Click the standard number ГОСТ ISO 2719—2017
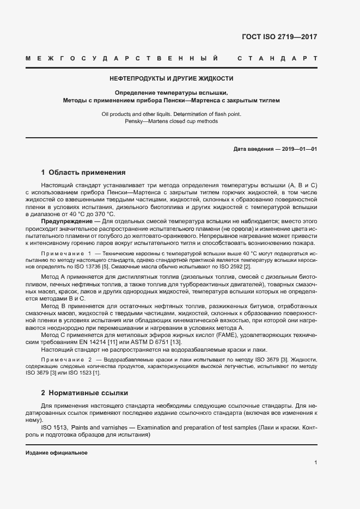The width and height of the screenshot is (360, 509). point(279,38)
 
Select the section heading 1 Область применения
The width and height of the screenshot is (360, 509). point(83,173)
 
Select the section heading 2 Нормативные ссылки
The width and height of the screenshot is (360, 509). point(86,393)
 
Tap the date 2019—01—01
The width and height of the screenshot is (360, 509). point(298,149)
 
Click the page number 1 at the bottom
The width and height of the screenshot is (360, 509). point(315,463)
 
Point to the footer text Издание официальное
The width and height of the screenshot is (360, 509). point(57,453)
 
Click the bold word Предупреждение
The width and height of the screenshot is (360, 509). point(64,222)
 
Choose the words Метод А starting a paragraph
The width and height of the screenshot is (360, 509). point(53,277)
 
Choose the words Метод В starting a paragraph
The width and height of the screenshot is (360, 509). point(53,306)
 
